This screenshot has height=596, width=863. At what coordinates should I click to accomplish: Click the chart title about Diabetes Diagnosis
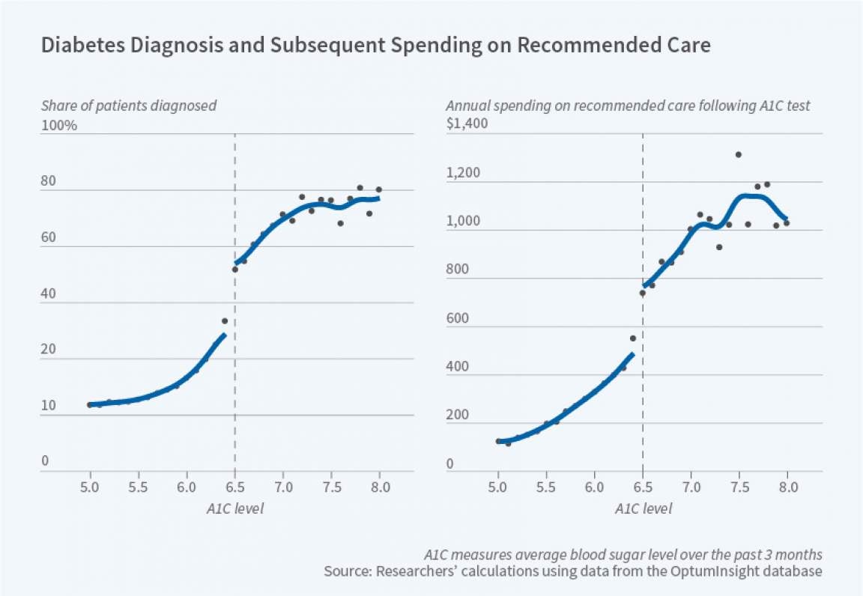375,45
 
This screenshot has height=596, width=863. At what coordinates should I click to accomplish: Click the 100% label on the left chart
59,125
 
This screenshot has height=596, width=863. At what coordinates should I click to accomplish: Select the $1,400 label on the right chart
467,124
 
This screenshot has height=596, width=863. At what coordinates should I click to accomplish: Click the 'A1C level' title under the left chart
235,508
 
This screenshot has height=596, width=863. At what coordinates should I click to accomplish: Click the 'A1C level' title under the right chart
644,508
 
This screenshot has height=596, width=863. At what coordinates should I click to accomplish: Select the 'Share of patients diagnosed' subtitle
129,106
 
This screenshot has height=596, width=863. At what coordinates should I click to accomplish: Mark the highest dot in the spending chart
738,154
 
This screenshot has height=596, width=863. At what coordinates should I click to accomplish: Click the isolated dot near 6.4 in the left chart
224,321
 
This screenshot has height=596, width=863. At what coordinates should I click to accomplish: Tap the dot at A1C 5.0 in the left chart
90,404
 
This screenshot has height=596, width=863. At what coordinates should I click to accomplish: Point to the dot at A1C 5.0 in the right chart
498,441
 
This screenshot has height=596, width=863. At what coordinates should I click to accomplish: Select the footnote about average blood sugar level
623,555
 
